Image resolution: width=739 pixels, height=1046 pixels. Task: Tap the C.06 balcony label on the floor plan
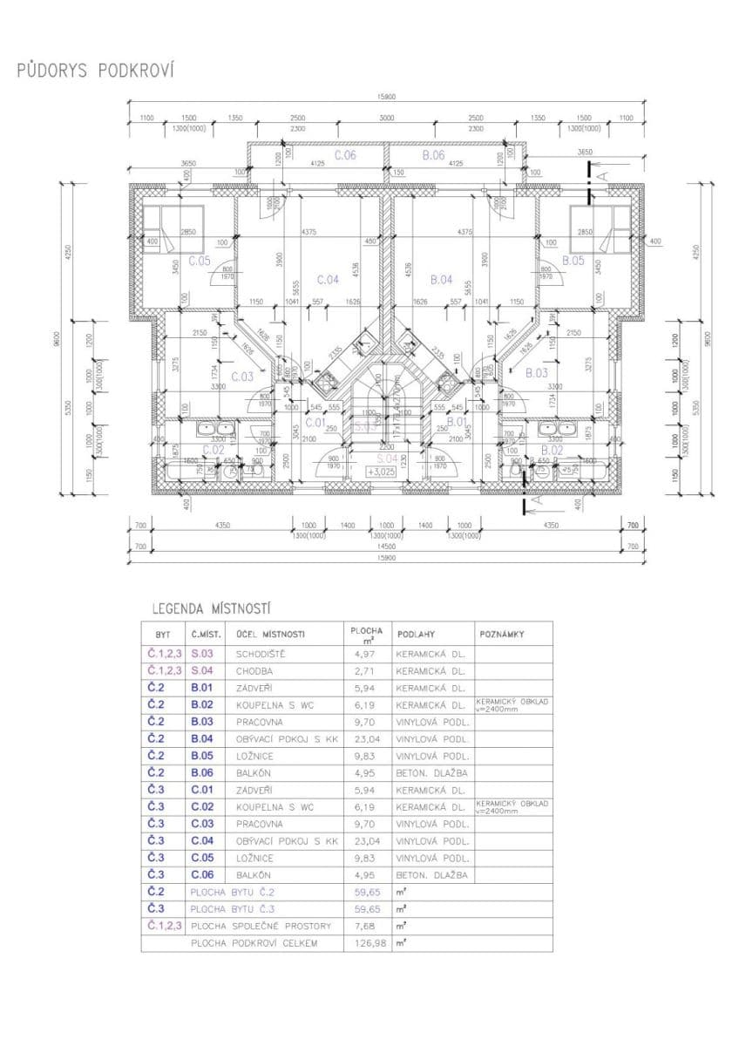[x=344, y=155]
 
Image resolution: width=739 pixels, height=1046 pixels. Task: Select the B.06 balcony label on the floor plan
[x=433, y=155]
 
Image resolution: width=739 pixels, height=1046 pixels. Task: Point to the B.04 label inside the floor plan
[x=442, y=280]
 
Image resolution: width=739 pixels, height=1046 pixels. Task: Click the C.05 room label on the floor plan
[x=199, y=260]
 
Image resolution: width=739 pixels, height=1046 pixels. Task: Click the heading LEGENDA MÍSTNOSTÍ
[x=211, y=608]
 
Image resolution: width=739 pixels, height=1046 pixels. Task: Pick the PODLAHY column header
[x=415, y=634]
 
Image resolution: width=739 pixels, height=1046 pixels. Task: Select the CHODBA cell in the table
[x=254, y=671]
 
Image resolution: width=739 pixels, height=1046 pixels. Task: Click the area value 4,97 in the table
[x=364, y=654]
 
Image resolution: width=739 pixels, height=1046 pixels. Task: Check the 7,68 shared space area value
[x=364, y=926]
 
